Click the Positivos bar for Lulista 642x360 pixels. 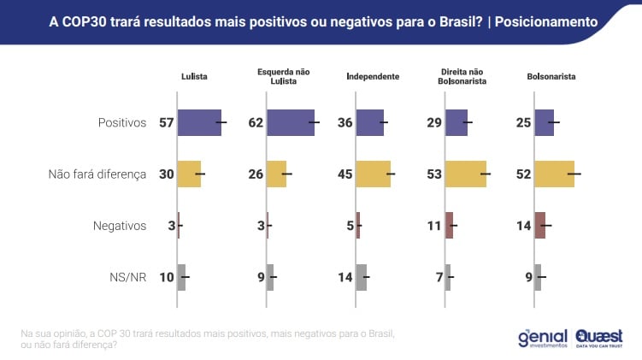199,123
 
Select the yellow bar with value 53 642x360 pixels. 465,174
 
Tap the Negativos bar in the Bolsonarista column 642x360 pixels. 539,226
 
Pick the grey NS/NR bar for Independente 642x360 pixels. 361,277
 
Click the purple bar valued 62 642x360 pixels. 291,123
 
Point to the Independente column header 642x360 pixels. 373,77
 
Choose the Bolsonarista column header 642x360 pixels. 551,77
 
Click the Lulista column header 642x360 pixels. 194,77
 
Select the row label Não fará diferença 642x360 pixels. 97,174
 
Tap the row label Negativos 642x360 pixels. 120,226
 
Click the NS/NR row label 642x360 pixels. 127,277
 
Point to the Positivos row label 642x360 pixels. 122,123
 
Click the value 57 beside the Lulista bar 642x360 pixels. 166,123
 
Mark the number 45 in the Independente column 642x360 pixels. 345,174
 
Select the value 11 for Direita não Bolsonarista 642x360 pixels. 433,226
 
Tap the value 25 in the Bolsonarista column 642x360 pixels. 523,123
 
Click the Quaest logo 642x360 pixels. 599,337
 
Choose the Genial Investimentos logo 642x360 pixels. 543,337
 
